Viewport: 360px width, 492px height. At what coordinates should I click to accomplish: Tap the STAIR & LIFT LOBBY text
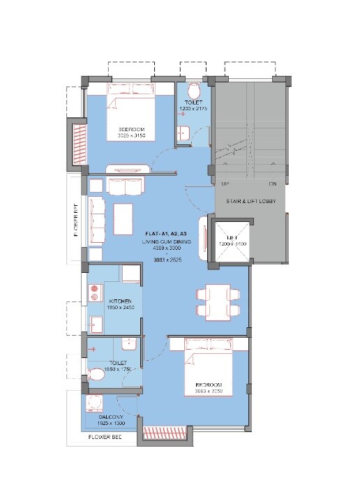click(x=251, y=202)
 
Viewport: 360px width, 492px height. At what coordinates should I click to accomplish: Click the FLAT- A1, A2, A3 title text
click(x=165, y=232)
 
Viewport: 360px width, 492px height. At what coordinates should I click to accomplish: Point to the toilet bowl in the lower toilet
click(x=97, y=375)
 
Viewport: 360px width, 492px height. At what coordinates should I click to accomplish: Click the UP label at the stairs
click(x=225, y=184)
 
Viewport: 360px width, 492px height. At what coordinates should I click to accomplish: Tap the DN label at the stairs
click(x=272, y=184)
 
